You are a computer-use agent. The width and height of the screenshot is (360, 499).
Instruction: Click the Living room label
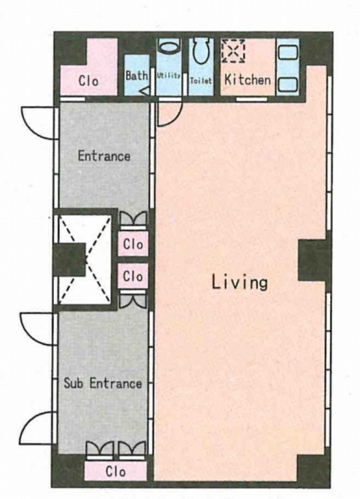pyautogui.click(x=239, y=282)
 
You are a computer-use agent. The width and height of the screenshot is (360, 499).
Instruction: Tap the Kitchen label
pyautogui.click(x=248, y=80)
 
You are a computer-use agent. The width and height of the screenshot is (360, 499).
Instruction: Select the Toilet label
pyautogui.click(x=201, y=81)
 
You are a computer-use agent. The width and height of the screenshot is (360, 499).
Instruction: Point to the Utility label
pyautogui.click(x=168, y=76)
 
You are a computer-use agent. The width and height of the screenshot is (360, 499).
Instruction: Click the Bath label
pyautogui.click(x=137, y=76)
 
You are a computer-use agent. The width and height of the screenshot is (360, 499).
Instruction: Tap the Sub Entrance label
pyautogui.click(x=103, y=383)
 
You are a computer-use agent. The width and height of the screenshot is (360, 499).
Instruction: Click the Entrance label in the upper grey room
pyautogui.click(x=104, y=156)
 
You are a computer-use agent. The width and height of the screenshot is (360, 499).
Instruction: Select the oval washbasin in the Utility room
pyautogui.click(x=169, y=48)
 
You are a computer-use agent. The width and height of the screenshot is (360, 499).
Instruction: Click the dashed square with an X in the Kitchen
pyautogui.click(x=233, y=51)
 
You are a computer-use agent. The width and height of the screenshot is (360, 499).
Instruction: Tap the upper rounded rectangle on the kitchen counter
pyautogui.click(x=288, y=52)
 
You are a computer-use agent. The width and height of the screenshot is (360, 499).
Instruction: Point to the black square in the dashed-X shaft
pyautogui.click(x=70, y=259)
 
